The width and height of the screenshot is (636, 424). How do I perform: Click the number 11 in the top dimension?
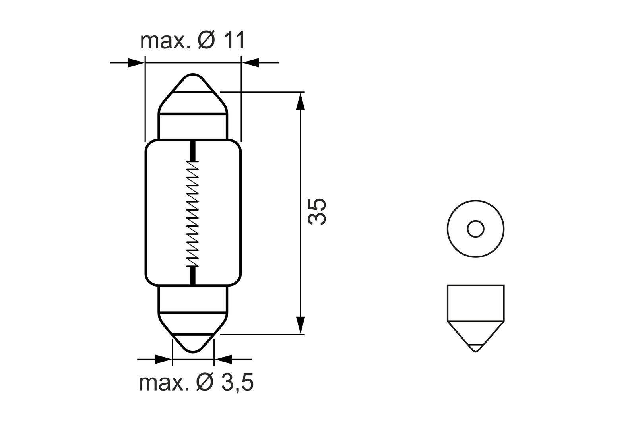(x=233, y=41)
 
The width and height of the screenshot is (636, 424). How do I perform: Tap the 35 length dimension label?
(x=318, y=211)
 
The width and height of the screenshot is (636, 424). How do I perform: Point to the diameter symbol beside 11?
(x=207, y=41)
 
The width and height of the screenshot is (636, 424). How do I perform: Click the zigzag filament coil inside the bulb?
(x=193, y=214)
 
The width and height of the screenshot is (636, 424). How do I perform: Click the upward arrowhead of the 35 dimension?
(x=301, y=101)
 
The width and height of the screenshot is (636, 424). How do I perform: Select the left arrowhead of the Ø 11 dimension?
(x=136, y=62)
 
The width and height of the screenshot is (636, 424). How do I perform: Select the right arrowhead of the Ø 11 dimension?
(x=250, y=62)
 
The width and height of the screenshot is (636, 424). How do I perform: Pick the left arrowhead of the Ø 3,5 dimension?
(x=163, y=360)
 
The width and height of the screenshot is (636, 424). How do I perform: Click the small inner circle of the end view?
(x=475, y=229)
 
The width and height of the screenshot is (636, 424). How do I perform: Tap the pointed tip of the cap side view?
(x=475, y=350)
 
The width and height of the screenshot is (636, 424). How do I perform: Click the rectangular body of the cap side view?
(x=475, y=302)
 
